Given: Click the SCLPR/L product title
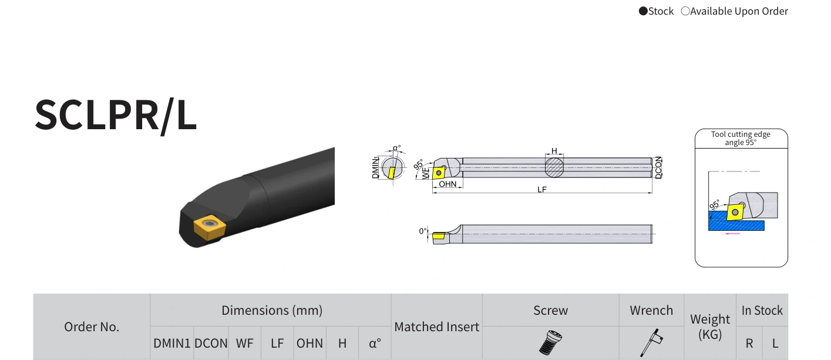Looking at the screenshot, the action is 115,116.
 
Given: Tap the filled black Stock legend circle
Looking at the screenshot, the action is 643,11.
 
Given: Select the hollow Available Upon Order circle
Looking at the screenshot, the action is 685,11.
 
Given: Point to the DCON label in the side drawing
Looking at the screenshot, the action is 658,167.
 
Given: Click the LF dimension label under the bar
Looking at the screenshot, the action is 542,189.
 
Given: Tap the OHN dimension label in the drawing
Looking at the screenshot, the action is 448,184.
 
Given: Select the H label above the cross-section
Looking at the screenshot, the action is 554,151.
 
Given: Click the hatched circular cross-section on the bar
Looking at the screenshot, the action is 554,167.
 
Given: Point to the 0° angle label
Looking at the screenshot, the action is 423,231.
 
